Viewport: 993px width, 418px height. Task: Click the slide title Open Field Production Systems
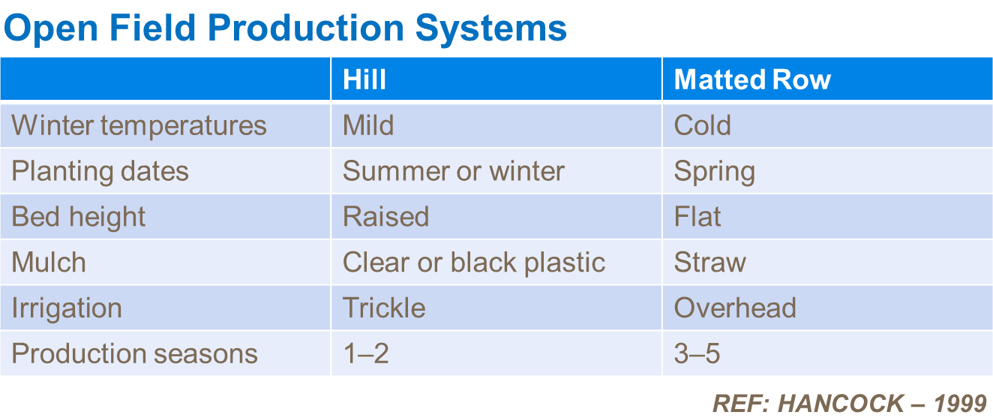point(285,29)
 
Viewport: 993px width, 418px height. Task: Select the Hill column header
point(364,80)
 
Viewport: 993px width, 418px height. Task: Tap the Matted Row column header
point(752,80)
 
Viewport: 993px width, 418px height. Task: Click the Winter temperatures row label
point(139,125)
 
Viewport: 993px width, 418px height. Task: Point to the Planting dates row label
point(100,171)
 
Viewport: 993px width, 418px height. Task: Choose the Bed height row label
point(79,217)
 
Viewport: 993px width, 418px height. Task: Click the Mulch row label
point(49,263)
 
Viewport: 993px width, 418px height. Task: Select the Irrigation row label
point(67,308)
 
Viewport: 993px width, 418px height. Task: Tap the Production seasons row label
point(135,353)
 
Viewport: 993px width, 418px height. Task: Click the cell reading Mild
point(368,125)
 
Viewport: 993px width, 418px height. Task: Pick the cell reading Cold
point(702,125)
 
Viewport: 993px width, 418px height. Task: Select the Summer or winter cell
point(453,171)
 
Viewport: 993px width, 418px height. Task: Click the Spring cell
point(714,172)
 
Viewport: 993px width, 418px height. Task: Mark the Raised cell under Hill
point(385,217)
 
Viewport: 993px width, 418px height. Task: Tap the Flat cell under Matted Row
point(697,217)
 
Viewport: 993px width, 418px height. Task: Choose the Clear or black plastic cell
point(473,263)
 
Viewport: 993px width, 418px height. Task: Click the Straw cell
point(709,263)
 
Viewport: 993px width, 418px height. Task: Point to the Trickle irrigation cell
point(384,308)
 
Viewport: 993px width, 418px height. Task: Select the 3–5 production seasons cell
point(697,353)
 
